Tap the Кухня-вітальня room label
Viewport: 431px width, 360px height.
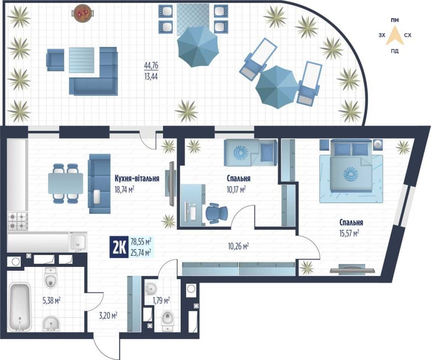click(137, 179)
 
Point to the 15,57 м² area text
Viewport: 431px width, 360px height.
click(350, 233)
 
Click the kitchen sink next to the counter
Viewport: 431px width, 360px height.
click(78, 242)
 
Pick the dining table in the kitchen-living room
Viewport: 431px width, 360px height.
click(65, 183)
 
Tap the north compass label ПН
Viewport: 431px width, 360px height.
click(395, 20)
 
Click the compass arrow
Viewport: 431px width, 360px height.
click(395, 35)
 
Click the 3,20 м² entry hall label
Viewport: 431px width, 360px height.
click(108, 316)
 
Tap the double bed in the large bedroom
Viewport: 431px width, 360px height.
click(350, 165)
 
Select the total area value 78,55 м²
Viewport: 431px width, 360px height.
click(141, 242)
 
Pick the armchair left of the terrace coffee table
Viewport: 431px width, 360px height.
click(55, 60)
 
